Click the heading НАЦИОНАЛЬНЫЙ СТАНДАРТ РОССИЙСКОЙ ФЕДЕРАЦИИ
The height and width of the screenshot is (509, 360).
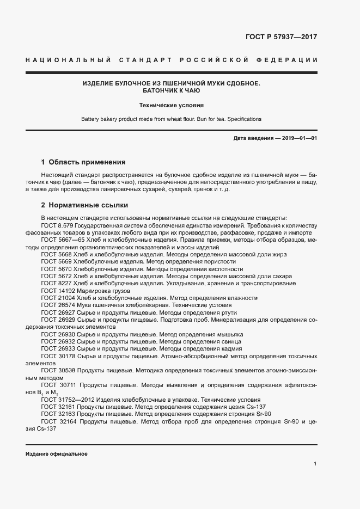[171, 59]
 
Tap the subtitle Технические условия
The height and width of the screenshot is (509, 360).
[171, 106]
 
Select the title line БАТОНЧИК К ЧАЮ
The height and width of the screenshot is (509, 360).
[171, 91]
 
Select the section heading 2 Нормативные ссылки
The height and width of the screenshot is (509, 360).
[84, 205]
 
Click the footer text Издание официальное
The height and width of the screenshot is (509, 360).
[56, 453]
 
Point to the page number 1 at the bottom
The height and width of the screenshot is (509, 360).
[315, 464]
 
